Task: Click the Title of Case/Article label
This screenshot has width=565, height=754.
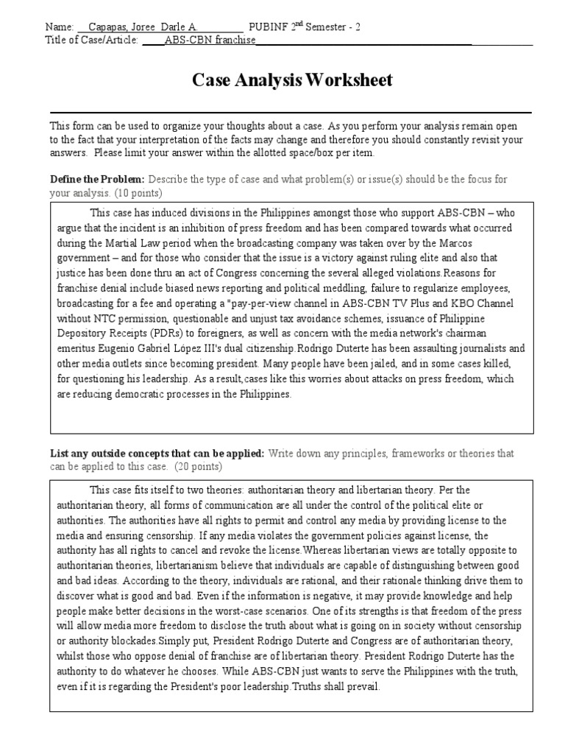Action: (91, 39)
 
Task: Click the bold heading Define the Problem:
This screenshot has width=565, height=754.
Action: (97, 180)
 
